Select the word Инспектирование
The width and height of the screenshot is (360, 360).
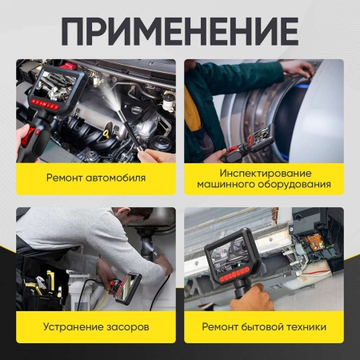click(x=263, y=171)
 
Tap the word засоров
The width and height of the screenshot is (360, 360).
click(x=127, y=327)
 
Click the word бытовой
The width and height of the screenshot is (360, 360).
click(x=265, y=327)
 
